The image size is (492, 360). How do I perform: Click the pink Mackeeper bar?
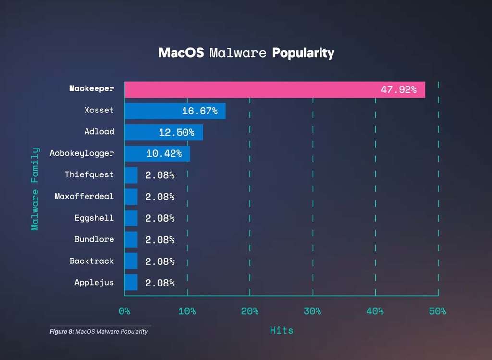coord(274,89)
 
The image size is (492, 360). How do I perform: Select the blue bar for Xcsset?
coord(175,111)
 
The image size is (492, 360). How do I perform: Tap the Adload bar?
coord(163,132)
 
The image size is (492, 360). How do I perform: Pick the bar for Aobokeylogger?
coord(157,154)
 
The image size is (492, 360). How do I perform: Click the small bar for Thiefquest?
coord(131,175)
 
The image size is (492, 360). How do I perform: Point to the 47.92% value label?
coord(398,89)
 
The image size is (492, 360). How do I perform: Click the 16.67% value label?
coord(199,111)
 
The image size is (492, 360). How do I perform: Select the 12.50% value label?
coord(176,132)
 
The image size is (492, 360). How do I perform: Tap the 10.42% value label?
coord(164,154)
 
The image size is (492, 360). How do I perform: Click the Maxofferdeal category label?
coord(84,196)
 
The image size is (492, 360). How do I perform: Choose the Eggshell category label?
coord(94,218)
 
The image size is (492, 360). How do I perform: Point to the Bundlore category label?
coord(94,239)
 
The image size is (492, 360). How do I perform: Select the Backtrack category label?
coord(92,261)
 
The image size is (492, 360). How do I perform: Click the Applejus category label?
coord(94,282)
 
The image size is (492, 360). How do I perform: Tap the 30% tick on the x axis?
coord(312,311)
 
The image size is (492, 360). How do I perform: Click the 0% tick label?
coord(124,311)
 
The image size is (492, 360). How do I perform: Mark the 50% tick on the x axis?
coord(438,311)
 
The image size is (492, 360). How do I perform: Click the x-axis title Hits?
coord(281,330)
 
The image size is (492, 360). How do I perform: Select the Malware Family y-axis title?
coord(35,188)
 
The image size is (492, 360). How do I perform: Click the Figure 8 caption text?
coord(98,332)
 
